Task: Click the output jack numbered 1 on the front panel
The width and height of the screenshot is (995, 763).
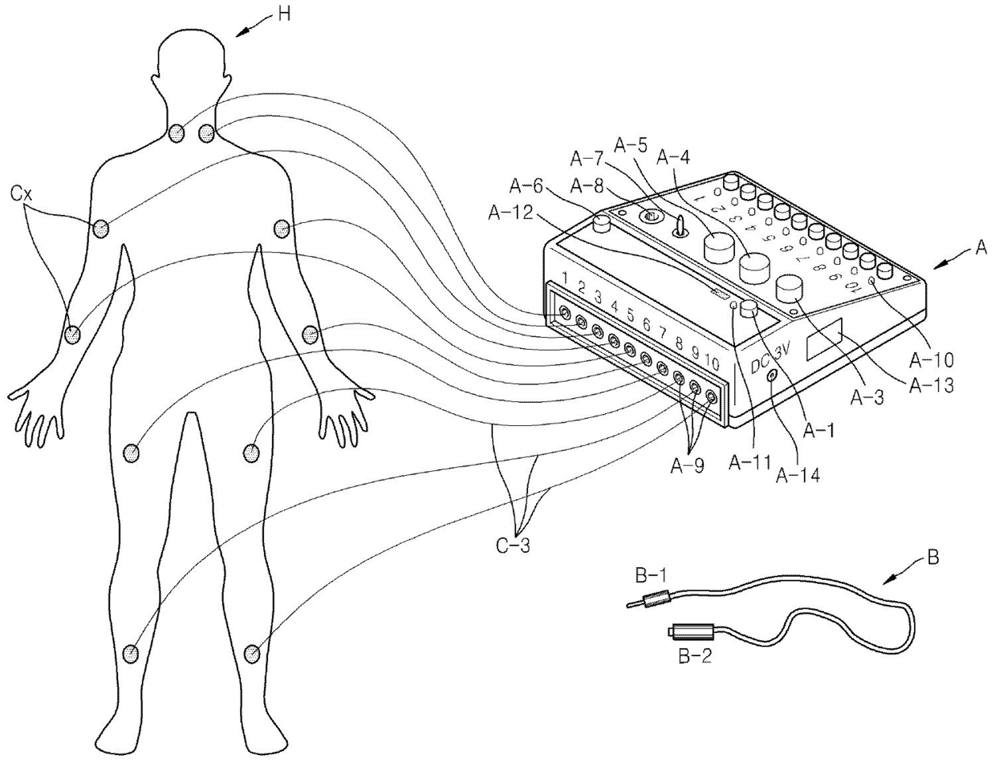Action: (x=566, y=312)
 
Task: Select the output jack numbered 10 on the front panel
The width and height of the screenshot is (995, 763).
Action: (x=711, y=394)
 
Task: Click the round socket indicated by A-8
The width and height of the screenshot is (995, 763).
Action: (x=648, y=217)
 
